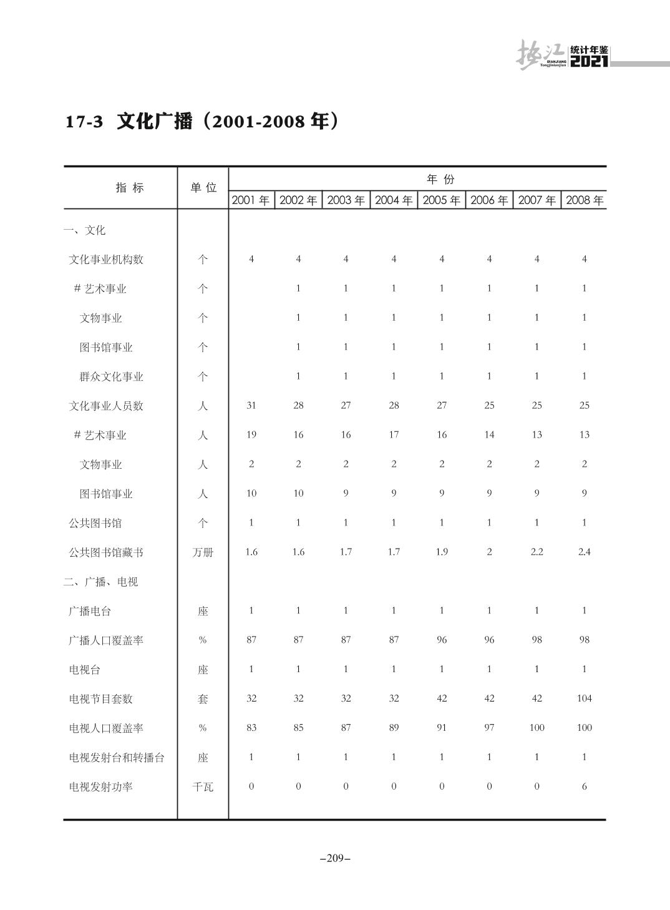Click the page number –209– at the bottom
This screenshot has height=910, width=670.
pos(335,858)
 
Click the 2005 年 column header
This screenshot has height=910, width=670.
pos(441,200)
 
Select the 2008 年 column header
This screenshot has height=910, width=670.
pos(585,200)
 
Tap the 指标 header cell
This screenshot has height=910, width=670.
pos(130,188)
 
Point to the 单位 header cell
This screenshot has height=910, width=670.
pos(203,188)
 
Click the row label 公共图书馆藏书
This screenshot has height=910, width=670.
pos(106,552)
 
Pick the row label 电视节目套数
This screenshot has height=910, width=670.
pos(101,699)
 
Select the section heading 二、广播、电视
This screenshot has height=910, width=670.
pos(100,582)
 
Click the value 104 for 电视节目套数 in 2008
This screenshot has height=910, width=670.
pos(584,698)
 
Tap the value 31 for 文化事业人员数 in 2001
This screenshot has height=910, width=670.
pos(251,406)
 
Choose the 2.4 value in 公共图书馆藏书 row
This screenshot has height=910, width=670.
pos(584,552)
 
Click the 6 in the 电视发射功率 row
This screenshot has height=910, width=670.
pos(584,786)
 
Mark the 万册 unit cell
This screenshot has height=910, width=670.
pos(203,552)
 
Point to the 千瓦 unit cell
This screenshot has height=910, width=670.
pos(203,787)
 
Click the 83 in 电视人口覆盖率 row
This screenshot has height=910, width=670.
pos(251,728)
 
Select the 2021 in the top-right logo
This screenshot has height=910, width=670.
pos(589,62)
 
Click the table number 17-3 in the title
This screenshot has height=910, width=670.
pos(84,122)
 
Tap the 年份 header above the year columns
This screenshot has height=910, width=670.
pos(440,180)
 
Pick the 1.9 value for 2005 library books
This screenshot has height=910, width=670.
pos(441,552)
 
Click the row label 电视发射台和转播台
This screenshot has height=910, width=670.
pos(117,758)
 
